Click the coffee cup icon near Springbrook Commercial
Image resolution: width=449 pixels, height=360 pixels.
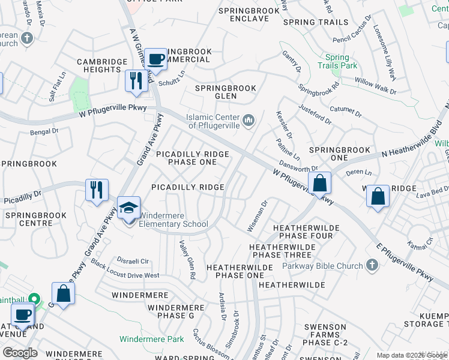point(156,59)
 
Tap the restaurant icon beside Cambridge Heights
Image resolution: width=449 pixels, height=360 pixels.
point(136,81)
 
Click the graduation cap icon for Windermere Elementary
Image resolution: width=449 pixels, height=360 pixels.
point(128,208)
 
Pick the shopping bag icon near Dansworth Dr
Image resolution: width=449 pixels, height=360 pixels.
point(320,183)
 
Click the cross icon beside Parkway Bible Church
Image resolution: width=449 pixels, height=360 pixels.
point(372,265)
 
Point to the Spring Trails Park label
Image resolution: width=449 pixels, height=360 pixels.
point(337,61)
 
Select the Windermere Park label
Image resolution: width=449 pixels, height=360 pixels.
point(152,339)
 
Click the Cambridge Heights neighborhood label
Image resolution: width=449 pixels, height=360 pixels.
point(103,65)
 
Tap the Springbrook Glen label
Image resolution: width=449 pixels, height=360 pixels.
point(226,92)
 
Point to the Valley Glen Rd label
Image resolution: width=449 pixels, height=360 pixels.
point(187,260)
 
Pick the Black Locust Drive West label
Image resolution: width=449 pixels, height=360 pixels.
point(125,271)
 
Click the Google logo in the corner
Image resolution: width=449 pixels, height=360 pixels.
point(20,353)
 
